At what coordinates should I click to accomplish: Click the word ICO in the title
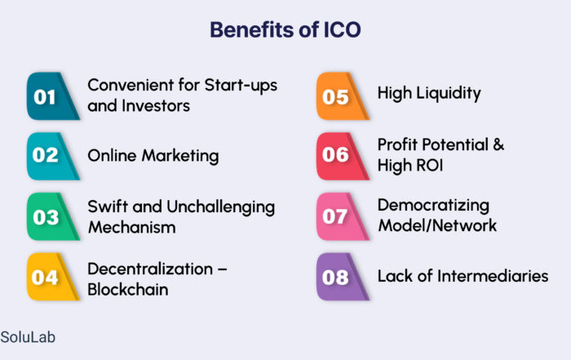tap(342, 29)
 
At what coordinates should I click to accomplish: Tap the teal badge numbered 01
tap(53, 96)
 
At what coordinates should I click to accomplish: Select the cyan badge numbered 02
tap(53, 156)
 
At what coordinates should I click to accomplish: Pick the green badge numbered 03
tap(53, 216)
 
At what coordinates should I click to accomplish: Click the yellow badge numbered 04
tap(53, 277)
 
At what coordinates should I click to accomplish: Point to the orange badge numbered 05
tap(343, 96)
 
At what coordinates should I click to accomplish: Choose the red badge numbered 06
tap(343, 156)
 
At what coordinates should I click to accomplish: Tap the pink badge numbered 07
tap(343, 216)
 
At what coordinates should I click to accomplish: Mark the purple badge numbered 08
tap(343, 277)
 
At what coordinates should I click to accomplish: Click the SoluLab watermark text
tap(28, 337)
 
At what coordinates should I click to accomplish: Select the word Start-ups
tap(241, 87)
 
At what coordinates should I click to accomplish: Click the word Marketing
tap(180, 157)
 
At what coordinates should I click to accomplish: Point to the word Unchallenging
tap(221, 208)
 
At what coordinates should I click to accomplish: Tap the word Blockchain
tap(128, 290)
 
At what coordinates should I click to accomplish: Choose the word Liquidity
tap(449, 94)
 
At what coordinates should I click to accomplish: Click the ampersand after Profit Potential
tap(498, 144)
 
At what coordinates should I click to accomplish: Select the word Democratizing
tap(433, 206)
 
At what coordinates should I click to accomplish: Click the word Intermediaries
tap(493, 276)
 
